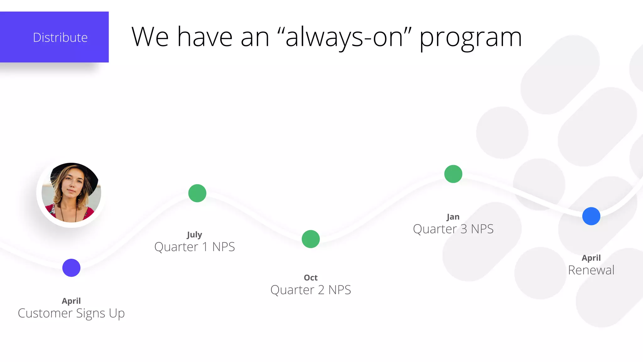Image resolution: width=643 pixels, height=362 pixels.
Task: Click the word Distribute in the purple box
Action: (x=60, y=38)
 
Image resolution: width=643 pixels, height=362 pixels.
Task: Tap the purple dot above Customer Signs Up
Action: (x=71, y=268)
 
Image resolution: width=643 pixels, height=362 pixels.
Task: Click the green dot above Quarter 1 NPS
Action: (x=197, y=193)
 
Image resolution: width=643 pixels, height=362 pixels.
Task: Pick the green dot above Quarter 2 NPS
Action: (x=311, y=239)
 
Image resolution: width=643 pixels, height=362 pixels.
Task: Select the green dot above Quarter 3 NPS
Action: (x=453, y=174)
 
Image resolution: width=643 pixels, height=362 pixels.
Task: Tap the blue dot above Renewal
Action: (x=591, y=216)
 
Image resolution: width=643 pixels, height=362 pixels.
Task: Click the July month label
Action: (x=194, y=235)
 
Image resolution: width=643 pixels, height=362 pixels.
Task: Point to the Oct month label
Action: (x=311, y=278)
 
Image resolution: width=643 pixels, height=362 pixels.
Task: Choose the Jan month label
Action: (x=453, y=217)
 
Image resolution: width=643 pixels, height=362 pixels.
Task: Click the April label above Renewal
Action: (x=591, y=258)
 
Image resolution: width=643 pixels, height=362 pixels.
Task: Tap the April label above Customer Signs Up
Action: (x=71, y=301)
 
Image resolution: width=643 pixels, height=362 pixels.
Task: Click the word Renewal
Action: (x=591, y=270)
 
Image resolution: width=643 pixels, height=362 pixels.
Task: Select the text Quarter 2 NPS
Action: (x=311, y=290)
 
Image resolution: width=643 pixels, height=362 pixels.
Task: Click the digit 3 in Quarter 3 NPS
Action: (x=464, y=229)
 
